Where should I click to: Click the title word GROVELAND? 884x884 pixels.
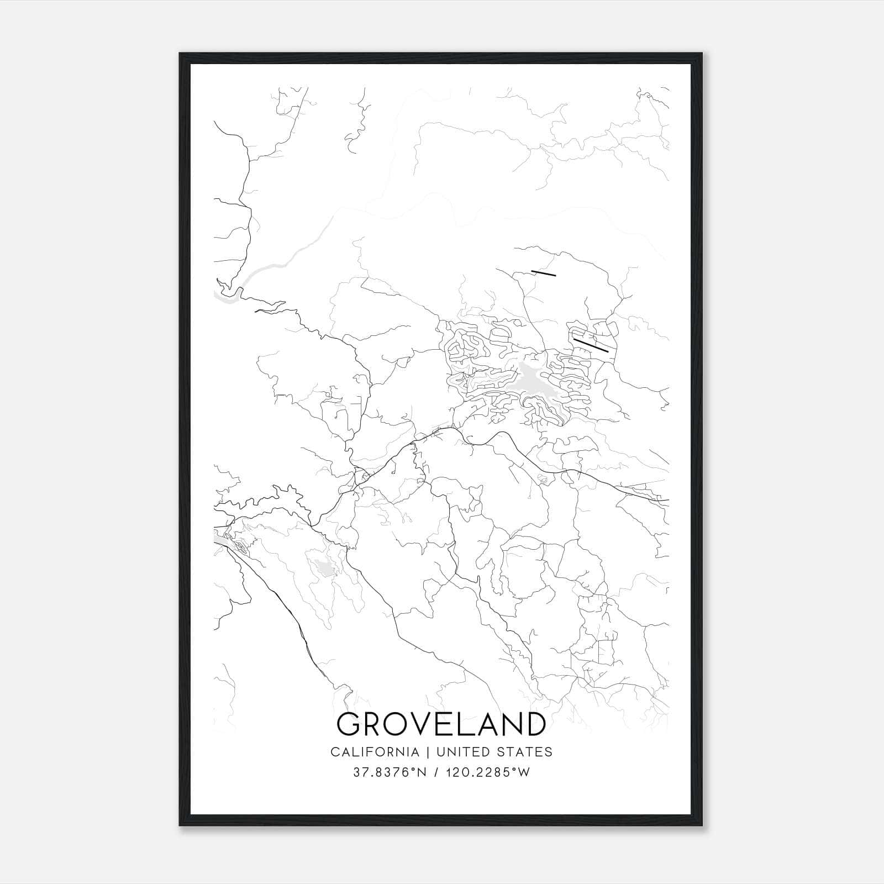(441, 724)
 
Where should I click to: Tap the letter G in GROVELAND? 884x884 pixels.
(350, 724)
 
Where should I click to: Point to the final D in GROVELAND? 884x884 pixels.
(533, 724)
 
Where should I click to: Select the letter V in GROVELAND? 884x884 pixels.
(423, 724)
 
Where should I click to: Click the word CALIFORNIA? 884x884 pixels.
(374, 752)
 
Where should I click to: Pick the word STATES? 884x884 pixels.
(523, 752)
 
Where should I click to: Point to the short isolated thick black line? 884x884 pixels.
(543, 272)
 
